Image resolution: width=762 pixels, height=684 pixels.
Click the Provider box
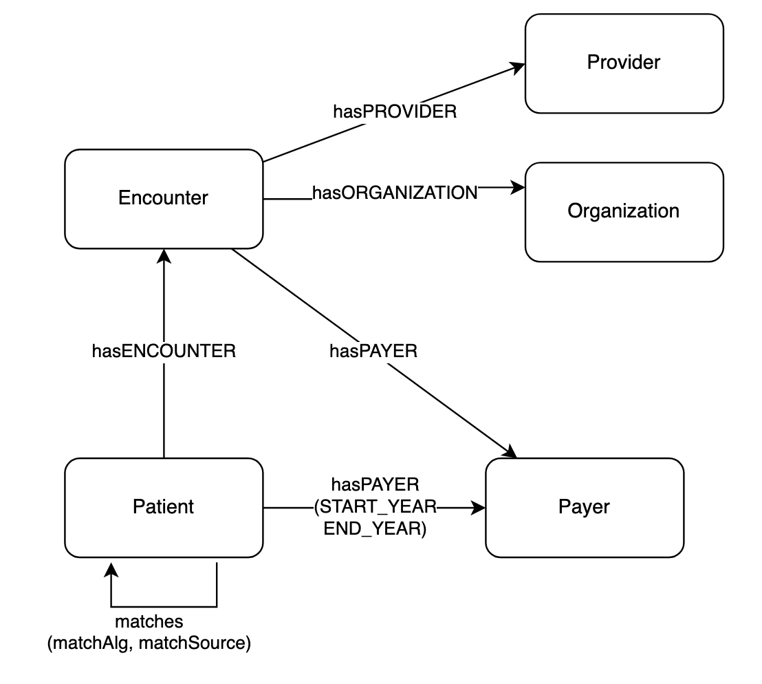(x=624, y=63)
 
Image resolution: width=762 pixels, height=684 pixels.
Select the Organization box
(x=624, y=211)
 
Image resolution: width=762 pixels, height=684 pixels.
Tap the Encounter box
(x=164, y=198)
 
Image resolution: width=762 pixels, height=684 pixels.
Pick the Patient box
(x=164, y=507)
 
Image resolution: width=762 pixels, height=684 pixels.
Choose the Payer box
(x=584, y=507)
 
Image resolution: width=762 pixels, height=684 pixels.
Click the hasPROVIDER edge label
(x=395, y=112)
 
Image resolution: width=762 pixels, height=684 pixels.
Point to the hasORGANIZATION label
(x=395, y=193)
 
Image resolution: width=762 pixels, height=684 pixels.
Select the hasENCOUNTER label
(x=164, y=351)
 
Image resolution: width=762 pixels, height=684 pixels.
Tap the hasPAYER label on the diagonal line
(x=373, y=351)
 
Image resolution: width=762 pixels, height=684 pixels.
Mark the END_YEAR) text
(x=375, y=529)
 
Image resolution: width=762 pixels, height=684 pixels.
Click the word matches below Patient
(x=149, y=621)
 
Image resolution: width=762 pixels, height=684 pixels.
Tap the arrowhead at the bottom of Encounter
(x=164, y=256)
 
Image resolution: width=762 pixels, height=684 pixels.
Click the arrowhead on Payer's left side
(x=479, y=508)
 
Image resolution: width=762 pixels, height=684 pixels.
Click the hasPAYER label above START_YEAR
(x=375, y=486)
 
